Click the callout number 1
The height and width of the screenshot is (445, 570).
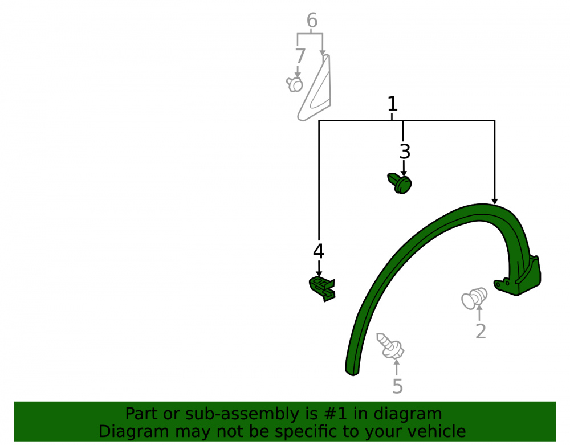(x=392, y=104)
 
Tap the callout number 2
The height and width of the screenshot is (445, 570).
(x=481, y=331)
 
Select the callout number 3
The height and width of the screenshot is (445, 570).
(x=405, y=152)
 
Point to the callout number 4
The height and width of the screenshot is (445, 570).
(x=319, y=251)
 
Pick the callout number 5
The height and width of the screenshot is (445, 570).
(x=397, y=386)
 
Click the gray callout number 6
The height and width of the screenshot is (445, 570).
(x=312, y=20)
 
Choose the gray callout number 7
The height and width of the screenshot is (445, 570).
(x=300, y=56)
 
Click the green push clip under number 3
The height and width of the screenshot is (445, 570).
(x=400, y=183)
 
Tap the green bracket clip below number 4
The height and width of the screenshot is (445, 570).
(x=322, y=289)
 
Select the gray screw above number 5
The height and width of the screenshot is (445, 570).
(x=390, y=346)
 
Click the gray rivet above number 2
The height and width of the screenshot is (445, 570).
(x=474, y=299)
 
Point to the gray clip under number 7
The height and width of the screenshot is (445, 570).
(x=295, y=84)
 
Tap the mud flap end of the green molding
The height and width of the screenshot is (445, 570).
(x=523, y=278)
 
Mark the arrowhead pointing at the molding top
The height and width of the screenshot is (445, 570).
(x=494, y=201)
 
